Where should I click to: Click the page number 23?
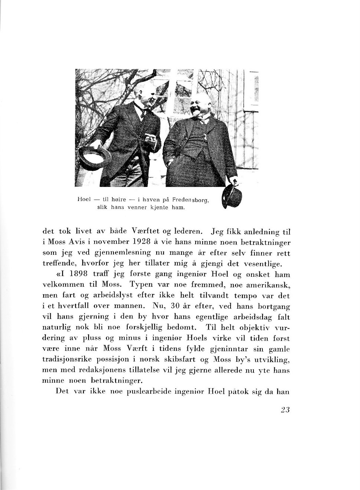tap(285, 410)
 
